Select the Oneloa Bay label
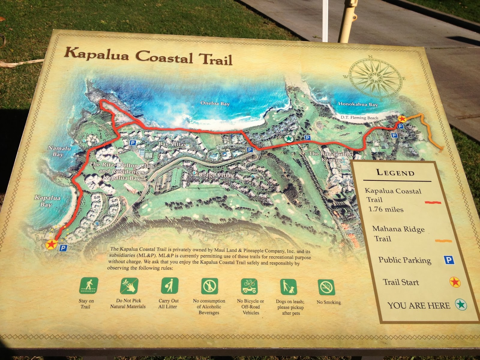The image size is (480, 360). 215,103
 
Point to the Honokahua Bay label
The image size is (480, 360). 358,104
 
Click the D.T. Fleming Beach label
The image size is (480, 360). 359,117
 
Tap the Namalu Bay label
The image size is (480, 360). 59,151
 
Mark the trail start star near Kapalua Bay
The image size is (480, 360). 51,244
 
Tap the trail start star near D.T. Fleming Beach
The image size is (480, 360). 402,119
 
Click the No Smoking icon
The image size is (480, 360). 326,287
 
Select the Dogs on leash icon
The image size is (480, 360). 289,287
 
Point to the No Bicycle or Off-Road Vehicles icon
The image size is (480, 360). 250,286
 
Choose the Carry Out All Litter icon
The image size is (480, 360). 169,285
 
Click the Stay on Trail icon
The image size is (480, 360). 88,285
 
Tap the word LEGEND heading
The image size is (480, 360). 395,172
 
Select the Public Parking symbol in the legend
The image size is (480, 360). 448,260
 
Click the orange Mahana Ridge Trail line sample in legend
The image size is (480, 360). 443,241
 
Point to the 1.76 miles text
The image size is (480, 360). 386,209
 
